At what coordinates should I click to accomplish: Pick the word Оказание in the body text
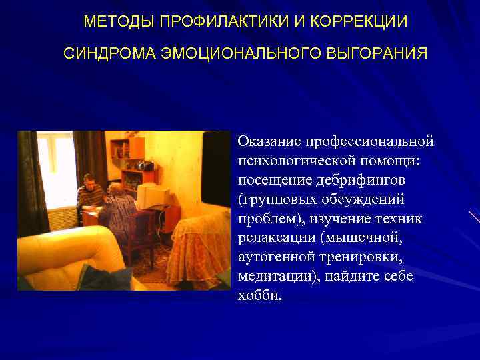click(269, 141)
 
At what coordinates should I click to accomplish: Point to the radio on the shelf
click(143, 166)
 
